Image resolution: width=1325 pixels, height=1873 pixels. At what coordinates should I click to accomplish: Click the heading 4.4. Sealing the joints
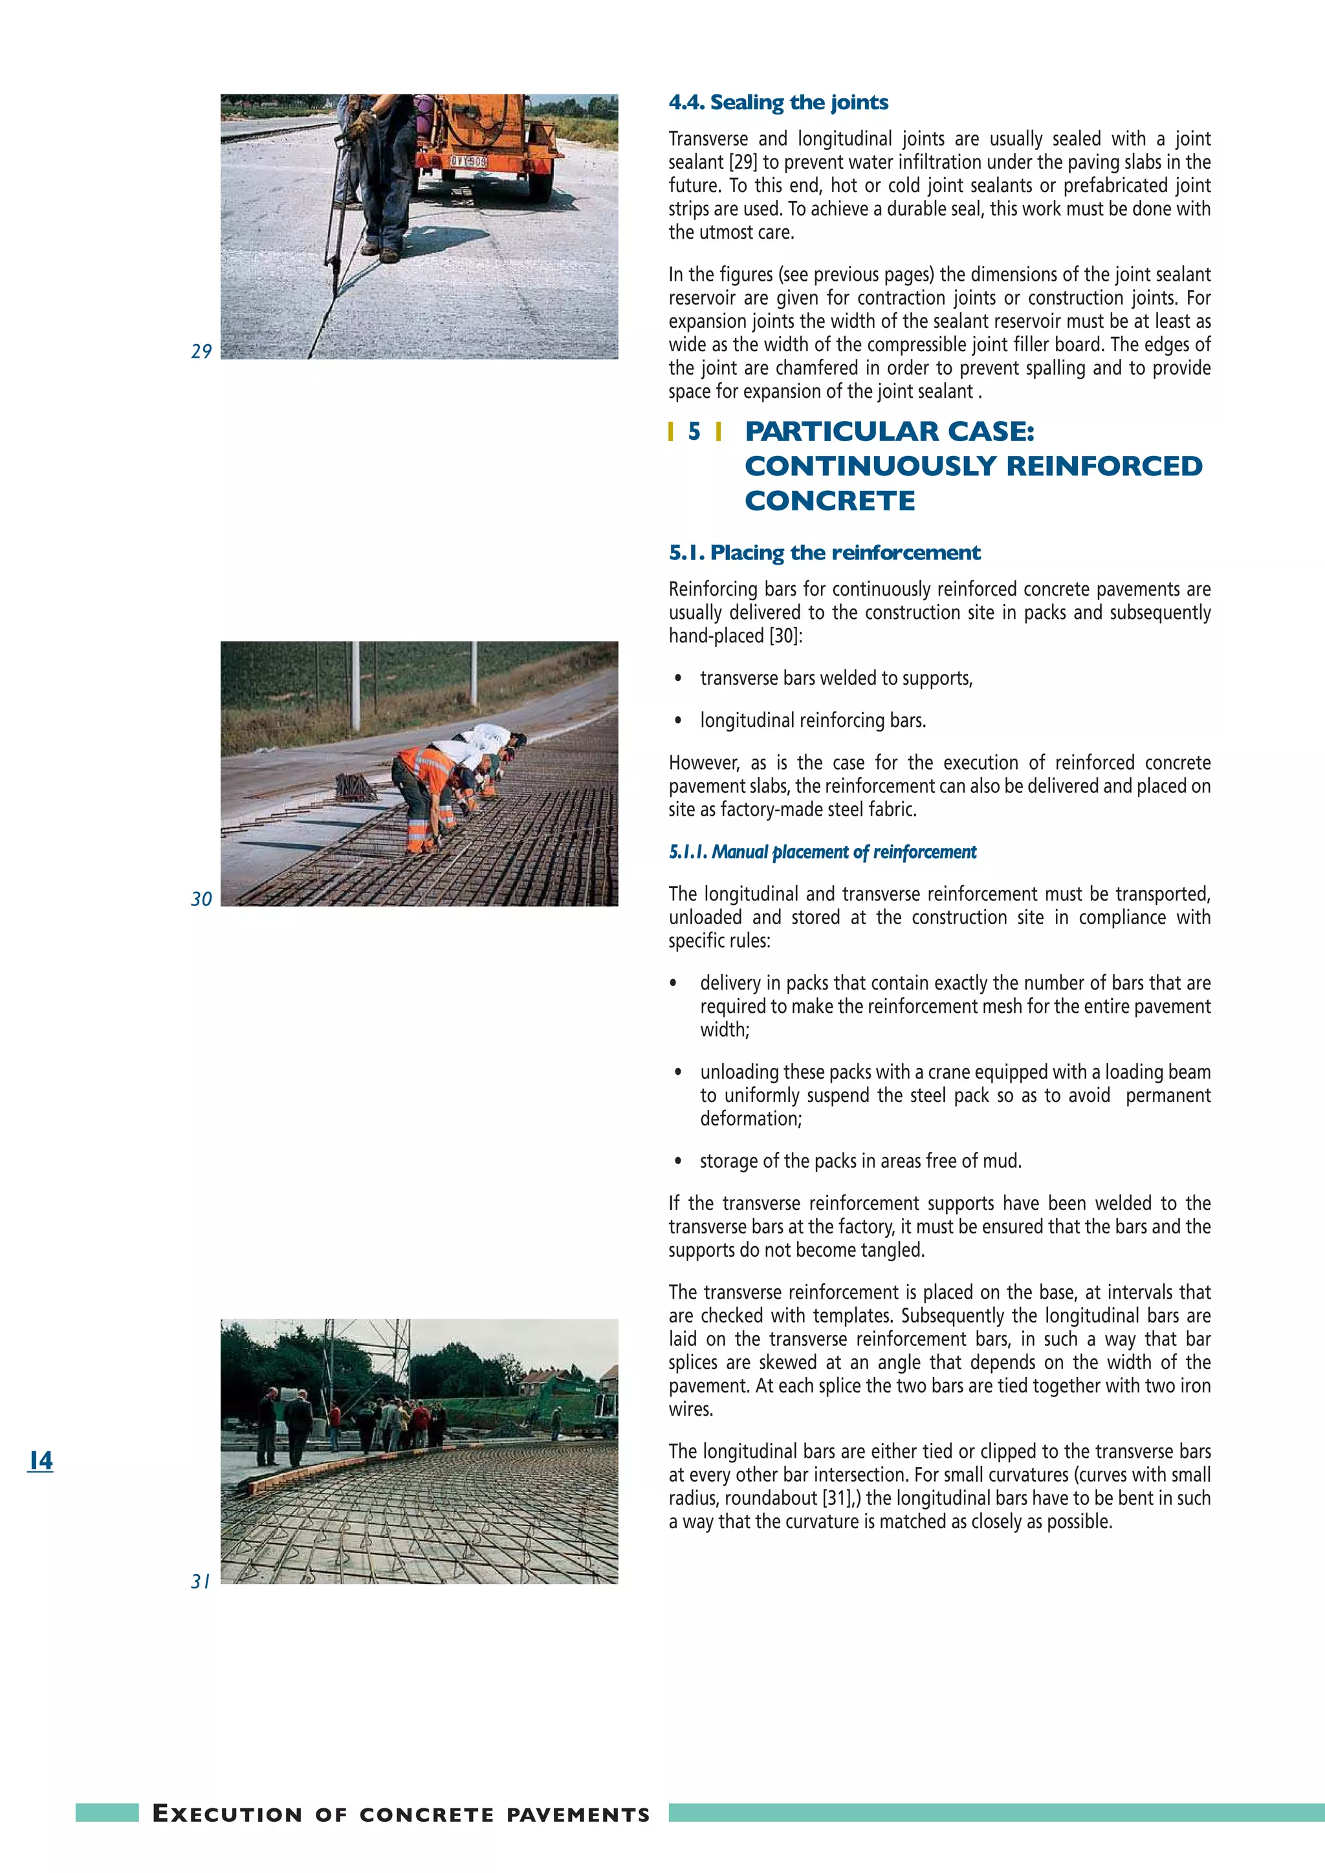click(778, 103)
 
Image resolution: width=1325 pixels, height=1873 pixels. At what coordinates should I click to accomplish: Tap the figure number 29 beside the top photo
click(201, 352)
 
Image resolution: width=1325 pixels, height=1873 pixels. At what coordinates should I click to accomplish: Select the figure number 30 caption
click(201, 899)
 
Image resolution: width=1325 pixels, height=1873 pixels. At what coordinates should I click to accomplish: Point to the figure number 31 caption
click(201, 1581)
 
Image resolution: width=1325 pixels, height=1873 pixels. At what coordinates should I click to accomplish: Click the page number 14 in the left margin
click(40, 1460)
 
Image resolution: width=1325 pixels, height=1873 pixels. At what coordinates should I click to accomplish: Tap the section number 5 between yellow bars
click(694, 431)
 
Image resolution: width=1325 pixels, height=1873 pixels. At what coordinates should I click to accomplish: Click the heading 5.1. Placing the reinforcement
click(824, 553)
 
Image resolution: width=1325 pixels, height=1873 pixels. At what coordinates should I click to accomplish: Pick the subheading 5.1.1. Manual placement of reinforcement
click(822, 852)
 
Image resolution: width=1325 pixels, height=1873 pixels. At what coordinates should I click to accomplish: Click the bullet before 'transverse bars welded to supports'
click(677, 678)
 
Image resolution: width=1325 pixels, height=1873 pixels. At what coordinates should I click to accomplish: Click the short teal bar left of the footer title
click(107, 1813)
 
